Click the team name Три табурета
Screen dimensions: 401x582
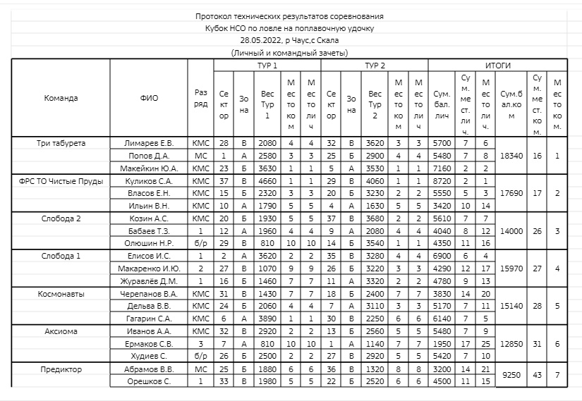[x=61, y=143]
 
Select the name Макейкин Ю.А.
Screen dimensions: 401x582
[x=149, y=168]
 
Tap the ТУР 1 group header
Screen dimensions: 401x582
[x=267, y=65]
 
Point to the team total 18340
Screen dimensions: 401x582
[x=512, y=156]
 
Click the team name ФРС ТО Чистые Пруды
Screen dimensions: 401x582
[x=61, y=181]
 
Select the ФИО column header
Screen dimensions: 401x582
[x=149, y=98]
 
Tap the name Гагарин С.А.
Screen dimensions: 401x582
[x=149, y=319]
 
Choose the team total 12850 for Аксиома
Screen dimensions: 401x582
[x=512, y=344]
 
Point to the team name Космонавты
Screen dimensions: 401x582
[x=61, y=294]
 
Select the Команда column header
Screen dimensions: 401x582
[x=61, y=98]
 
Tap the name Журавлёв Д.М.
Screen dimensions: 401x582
[x=149, y=281]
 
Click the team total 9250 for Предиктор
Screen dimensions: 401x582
[x=512, y=376]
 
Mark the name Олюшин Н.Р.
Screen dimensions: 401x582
[x=149, y=243]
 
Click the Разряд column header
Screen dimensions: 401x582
[x=200, y=98]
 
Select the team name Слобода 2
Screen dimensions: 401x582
[x=61, y=218]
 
